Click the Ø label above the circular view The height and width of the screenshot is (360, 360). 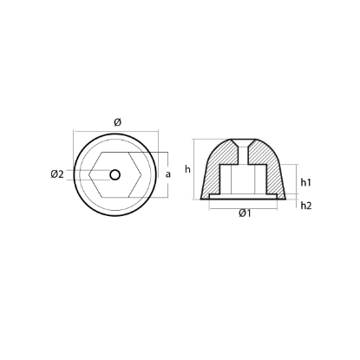(x=115, y=121)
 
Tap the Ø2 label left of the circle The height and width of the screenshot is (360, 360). (x=57, y=174)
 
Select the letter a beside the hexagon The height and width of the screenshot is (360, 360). (x=167, y=174)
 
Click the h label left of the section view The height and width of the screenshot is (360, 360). (x=187, y=169)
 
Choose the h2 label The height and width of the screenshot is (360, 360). (x=306, y=206)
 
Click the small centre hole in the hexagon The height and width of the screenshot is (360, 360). (x=115, y=173)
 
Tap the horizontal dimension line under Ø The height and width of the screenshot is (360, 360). (x=115, y=132)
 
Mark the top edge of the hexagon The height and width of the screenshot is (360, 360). (x=115, y=154)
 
